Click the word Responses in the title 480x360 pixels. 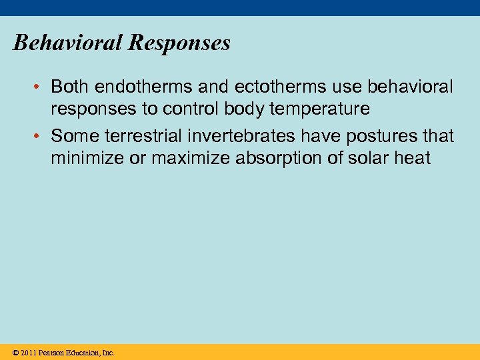(179, 43)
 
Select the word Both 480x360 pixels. (71, 87)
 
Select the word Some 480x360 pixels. (72, 136)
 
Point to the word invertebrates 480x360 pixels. (241, 136)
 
